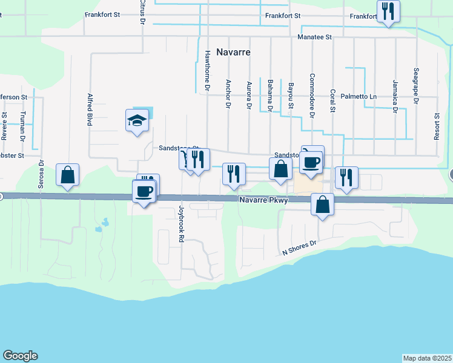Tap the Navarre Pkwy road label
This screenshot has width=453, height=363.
coord(264,200)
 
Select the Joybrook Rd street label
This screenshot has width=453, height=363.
coord(180,224)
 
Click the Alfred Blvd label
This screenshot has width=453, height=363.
coord(90,110)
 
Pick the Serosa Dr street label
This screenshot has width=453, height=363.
coord(42,174)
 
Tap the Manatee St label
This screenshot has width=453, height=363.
coord(315,37)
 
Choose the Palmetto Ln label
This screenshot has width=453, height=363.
coord(359,96)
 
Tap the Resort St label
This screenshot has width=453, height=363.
coord(437,126)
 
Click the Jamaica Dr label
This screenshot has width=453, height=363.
coord(394,95)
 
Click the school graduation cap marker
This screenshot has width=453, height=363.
coord(137,120)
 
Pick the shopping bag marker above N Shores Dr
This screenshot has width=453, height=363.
coord(323,204)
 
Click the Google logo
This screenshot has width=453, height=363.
coord(20,356)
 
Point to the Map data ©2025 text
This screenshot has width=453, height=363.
coord(428,358)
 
